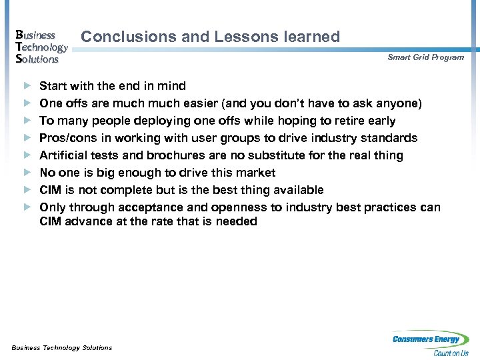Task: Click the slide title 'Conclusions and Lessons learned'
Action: pos(210,37)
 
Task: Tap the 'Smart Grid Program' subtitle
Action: pos(425,57)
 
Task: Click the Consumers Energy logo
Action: pos(430,343)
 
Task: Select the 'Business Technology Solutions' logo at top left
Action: pos(40,47)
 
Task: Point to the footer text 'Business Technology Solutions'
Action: pos(62,347)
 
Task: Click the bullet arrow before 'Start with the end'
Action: pos(27,86)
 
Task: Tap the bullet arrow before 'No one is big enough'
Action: pos(27,173)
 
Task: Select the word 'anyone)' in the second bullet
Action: pos(399,103)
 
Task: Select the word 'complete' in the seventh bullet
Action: pos(126,190)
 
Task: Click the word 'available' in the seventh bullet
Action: pos(297,190)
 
